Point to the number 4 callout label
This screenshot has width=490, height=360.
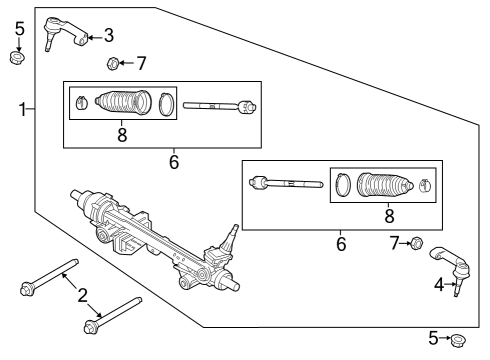point(438,284)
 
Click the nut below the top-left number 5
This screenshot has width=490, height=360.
point(17,57)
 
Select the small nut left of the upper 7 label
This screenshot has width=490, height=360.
point(113,65)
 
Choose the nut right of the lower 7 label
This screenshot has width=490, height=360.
point(417,242)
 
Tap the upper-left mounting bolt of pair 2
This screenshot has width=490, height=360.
point(49,278)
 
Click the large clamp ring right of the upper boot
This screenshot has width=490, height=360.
point(167,103)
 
